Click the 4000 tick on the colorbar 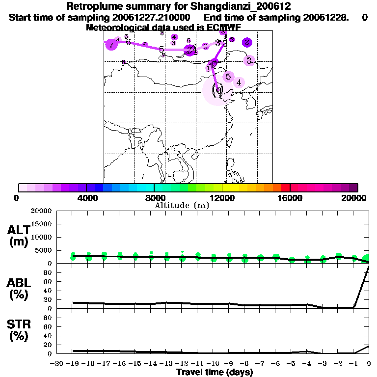(86, 198)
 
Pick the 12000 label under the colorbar (222, 198)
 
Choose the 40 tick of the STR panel (49, 336)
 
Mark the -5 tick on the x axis (291, 364)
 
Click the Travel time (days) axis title (215, 372)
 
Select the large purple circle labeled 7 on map (112, 44)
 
